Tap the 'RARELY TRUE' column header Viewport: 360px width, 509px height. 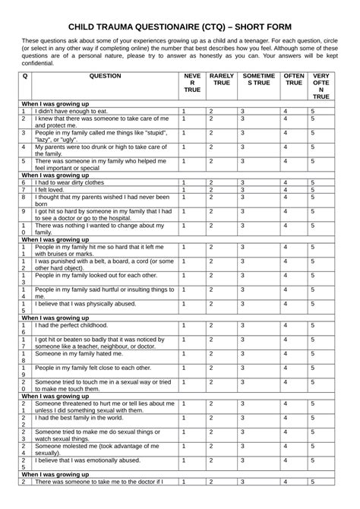tap(221, 81)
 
